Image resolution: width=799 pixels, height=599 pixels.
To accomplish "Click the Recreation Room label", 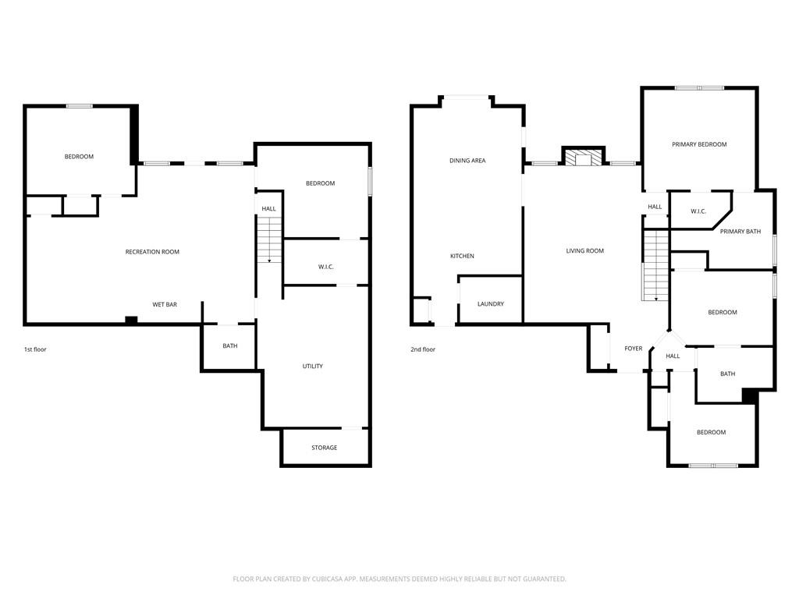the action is coord(152,252).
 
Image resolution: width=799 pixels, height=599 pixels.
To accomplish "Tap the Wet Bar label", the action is coord(165,305).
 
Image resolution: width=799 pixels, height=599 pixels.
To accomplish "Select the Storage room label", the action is coord(325,448).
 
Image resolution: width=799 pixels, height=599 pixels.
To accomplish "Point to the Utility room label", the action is coord(313,367).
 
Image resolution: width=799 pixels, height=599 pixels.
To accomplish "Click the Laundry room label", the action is coord(491,304).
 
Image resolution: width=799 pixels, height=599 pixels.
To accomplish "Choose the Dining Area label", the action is coord(467,161).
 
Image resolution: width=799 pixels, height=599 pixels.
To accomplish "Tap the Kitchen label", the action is coord(462,256).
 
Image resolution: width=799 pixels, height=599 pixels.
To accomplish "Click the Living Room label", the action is coord(585,251).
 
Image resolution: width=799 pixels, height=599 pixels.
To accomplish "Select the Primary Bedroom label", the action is coord(699,144).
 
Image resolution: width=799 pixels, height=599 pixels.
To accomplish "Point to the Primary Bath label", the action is coord(740,232).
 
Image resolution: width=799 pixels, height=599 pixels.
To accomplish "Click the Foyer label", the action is coord(634,349).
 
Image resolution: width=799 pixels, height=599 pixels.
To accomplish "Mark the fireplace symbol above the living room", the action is coord(584,156).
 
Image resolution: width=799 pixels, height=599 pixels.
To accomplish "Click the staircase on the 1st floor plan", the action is coord(269,240).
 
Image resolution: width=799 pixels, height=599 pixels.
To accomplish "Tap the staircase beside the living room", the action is coord(655,266).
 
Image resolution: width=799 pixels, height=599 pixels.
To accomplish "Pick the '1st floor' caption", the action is coord(35,349).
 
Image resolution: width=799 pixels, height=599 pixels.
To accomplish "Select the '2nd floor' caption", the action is coord(423,349).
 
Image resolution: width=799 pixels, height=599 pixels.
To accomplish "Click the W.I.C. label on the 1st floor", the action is coord(326,267).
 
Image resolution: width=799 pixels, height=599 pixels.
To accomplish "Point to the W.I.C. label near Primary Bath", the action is coord(698,211).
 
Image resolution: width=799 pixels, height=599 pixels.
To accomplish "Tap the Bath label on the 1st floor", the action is coord(230,346).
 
